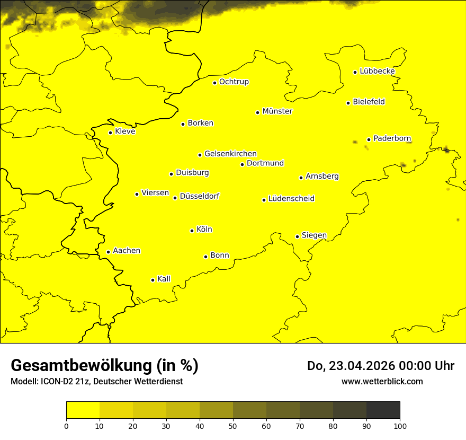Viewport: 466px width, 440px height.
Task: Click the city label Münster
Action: [x=277, y=111]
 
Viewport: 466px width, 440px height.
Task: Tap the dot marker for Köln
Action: [x=192, y=231]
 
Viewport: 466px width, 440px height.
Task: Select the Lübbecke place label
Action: [x=377, y=71]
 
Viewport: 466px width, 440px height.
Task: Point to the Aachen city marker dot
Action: [x=108, y=252]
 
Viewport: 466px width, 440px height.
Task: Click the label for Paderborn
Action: [x=392, y=138]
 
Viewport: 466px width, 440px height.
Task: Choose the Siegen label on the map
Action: [x=314, y=235]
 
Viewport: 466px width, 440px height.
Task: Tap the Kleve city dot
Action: [x=110, y=133]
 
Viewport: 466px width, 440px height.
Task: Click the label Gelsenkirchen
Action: [x=230, y=154]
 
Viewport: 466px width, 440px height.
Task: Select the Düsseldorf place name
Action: [x=200, y=196]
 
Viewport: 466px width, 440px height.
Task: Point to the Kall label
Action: [x=164, y=279]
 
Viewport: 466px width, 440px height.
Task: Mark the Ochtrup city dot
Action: [x=214, y=83]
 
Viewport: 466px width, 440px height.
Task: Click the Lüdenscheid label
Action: [x=291, y=199]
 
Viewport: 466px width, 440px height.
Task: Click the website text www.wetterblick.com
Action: [x=382, y=381]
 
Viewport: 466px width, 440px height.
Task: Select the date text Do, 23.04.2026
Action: [x=349, y=366]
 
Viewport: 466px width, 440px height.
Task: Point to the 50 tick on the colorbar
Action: [x=233, y=426]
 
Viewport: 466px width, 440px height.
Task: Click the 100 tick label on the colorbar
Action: [x=400, y=426]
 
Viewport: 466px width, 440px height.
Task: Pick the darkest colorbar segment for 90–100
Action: [x=383, y=410]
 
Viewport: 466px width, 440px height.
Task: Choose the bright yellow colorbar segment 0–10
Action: [x=83, y=410]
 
